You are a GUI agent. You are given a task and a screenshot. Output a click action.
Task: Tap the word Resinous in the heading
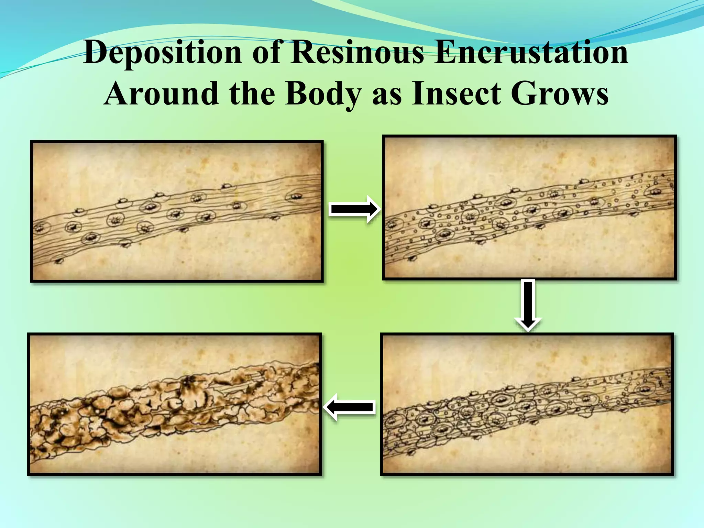click(x=357, y=53)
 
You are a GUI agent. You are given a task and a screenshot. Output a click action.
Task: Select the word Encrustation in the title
click(x=531, y=53)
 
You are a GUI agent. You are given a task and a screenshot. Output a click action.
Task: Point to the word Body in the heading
click(x=323, y=93)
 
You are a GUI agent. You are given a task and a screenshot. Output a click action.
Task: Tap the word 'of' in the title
click(x=268, y=53)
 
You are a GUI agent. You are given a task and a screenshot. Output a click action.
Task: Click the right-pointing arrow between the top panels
click(x=354, y=209)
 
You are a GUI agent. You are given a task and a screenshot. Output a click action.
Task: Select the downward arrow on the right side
click(x=528, y=305)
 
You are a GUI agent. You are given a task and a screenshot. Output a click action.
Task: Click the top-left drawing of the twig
click(x=177, y=211)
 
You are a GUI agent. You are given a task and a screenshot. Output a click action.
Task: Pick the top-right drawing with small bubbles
click(x=529, y=207)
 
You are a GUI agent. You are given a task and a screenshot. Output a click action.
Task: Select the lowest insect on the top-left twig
click(x=59, y=260)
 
